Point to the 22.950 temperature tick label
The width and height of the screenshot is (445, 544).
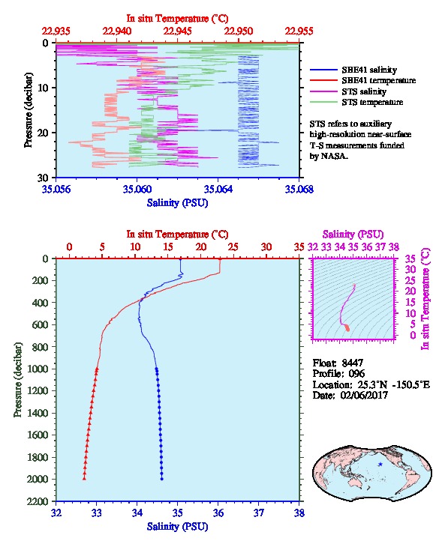(x=239, y=31)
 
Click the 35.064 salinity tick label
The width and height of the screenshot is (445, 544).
(x=218, y=189)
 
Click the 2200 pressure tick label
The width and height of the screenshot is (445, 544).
(x=38, y=501)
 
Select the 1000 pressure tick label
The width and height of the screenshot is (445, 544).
(x=38, y=369)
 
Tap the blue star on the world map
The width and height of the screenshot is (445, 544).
(x=380, y=465)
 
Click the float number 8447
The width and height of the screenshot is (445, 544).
(x=352, y=363)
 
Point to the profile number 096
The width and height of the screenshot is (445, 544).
(x=356, y=374)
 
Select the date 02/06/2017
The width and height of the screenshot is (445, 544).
(x=364, y=395)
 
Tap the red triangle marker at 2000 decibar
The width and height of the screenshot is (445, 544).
(x=84, y=478)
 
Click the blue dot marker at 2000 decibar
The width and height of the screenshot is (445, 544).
(x=162, y=479)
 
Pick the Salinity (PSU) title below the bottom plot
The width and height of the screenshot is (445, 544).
(x=178, y=526)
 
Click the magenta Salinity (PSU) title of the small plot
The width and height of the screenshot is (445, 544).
(x=353, y=235)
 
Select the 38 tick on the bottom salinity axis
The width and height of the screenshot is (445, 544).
(x=299, y=513)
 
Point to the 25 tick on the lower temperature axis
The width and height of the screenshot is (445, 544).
(x=233, y=247)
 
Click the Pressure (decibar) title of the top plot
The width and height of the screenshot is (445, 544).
(x=29, y=110)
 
